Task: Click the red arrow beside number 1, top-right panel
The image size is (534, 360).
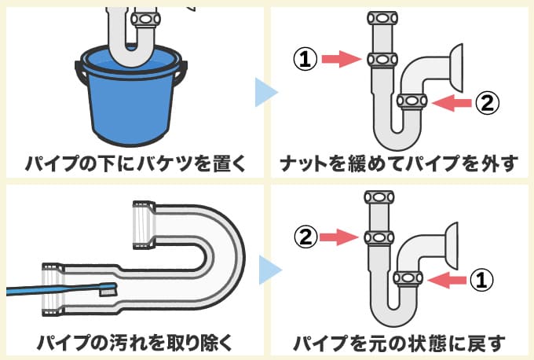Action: tap(339, 57)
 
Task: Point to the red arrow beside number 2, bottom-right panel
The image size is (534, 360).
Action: tap(339, 234)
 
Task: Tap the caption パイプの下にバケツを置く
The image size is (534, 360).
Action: tap(133, 165)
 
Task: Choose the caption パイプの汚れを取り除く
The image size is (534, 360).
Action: tap(133, 343)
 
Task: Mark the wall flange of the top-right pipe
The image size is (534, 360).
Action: tap(455, 66)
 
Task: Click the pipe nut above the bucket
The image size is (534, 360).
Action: tap(146, 17)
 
